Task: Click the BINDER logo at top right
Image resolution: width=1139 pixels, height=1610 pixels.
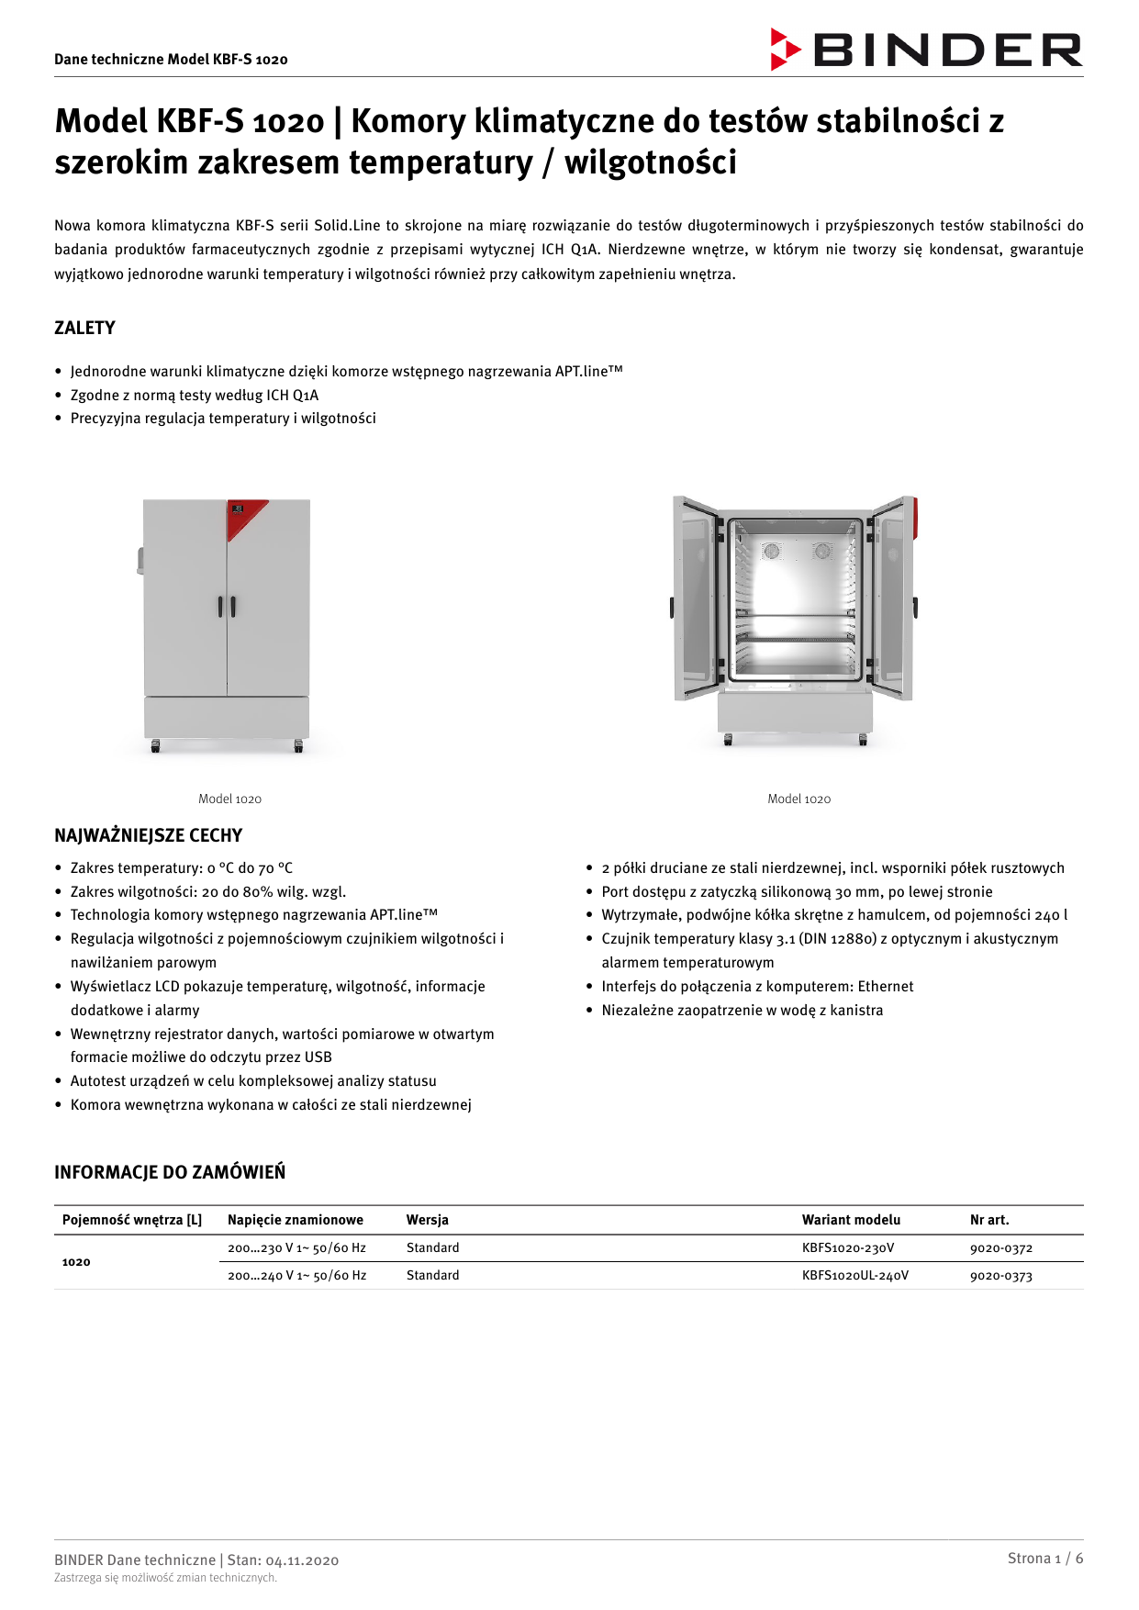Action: [926, 50]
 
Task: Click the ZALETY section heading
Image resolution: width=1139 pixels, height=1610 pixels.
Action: [84, 328]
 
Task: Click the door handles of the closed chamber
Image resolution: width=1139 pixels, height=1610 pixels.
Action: [227, 606]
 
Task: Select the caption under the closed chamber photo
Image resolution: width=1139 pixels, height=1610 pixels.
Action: [229, 799]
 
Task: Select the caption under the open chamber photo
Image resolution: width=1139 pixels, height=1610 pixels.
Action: [798, 799]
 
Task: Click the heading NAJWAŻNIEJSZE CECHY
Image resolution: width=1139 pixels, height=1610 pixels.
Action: [148, 835]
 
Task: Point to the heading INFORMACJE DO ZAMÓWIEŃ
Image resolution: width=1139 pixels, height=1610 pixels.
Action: [170, 1172]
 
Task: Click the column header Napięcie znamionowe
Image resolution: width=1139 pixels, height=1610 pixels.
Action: [295, 1220]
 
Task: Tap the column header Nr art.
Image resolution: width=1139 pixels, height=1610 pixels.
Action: [988, 1220]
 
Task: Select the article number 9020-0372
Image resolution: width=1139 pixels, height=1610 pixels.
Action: [1000, 1248]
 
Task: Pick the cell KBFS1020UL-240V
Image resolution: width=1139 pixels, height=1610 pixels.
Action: [854, 1276]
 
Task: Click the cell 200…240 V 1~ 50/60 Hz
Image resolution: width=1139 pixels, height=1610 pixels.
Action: [296, 1276]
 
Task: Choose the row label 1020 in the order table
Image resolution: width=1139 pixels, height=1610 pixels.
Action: [76, 1262]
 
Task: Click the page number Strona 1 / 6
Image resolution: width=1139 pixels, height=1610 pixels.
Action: [1044, 1558]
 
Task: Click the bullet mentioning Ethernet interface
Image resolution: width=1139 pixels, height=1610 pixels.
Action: [757, 987]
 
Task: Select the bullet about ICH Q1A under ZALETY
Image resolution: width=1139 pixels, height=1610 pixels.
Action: [195, 396]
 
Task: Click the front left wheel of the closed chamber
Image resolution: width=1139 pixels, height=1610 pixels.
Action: [155, 746]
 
